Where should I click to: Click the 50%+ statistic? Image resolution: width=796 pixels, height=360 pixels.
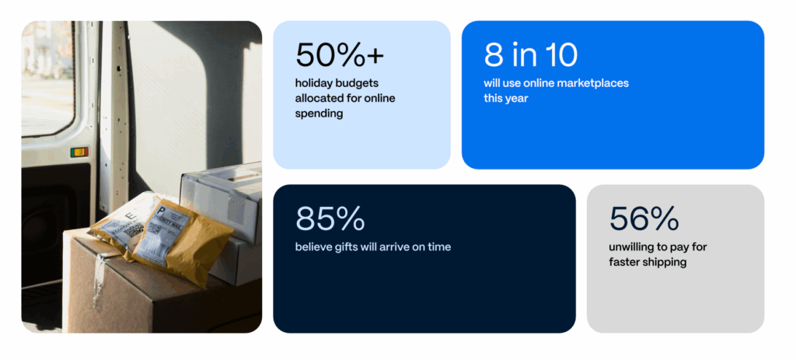tap(340, 55)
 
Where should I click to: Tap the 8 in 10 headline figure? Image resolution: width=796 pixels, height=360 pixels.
tap(530, 55)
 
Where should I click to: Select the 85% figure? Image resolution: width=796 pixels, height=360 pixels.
tap(330, 218)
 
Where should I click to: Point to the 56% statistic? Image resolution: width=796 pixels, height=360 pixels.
tap(644, 218)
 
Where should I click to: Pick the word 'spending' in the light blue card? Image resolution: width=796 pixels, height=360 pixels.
tap(319, 114)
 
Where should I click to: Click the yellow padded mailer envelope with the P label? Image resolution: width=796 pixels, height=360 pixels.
tap(183, 240)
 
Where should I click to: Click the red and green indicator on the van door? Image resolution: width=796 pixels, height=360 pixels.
tap(79, 152)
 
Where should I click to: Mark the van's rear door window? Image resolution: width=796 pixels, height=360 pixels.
tap(47, 78)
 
